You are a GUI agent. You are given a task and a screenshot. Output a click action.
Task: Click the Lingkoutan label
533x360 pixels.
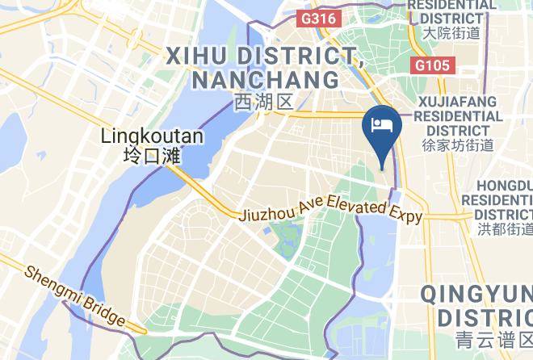click(x=153, y=136)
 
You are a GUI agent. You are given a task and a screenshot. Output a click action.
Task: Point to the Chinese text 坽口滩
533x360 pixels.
click(x=152, y=156)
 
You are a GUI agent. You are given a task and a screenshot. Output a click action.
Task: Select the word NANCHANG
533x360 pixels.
click(x=266, y=80)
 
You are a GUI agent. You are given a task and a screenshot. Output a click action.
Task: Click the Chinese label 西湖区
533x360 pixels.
click(x=262, y=103)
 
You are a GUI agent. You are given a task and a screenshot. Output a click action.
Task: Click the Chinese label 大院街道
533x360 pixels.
click(x=452, y=33)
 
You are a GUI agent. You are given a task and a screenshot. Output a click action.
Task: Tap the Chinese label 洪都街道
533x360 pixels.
click(x=506, y=230)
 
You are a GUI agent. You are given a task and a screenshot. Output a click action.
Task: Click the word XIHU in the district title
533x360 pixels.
click(x=199, y=56)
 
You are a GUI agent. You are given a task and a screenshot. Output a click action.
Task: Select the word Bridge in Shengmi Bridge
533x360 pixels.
click(x=105, y=312)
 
